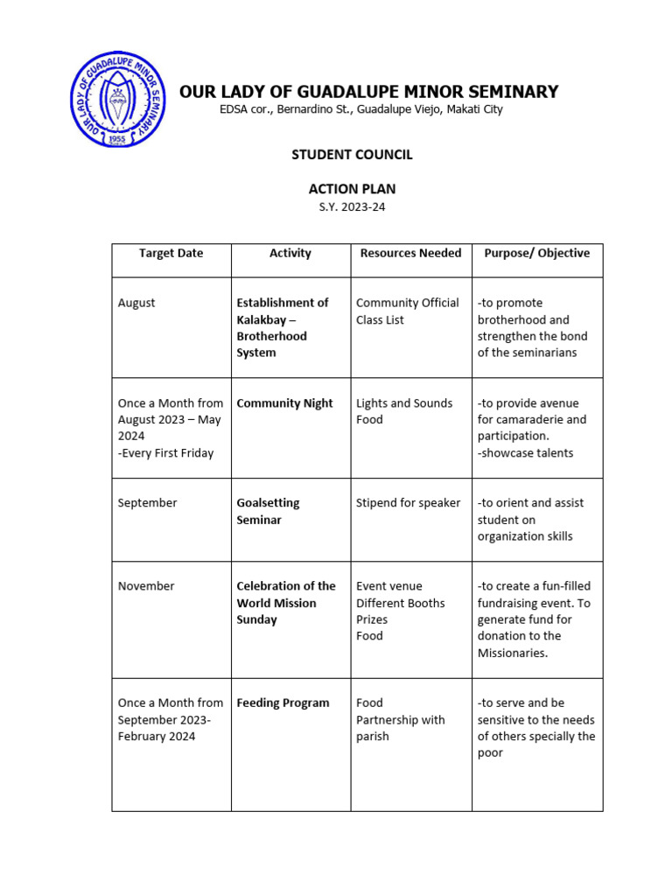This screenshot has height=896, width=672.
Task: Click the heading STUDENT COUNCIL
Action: (x=352, y=155)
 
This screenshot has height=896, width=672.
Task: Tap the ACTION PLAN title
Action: (x=352, y=188)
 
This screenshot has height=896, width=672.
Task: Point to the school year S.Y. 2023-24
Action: (x=352, y=206)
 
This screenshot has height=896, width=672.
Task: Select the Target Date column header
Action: (x=171, y=253)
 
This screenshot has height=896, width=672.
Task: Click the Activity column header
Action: (x=290, y=253)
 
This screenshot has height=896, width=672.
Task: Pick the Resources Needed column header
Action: (x=410, y=253)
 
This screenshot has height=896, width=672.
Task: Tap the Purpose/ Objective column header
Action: (x=537, y=253)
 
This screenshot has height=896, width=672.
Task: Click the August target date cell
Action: (x=136, y=303)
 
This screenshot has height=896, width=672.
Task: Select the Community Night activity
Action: (x=284, y=403)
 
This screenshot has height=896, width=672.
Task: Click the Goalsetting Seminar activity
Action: (x=269, y=511)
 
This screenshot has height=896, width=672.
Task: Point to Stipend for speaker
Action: (x=408, y=503)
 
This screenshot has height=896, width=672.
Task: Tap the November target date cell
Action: (x=146, y=586)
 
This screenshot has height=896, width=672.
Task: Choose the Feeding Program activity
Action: (x=283, y=703)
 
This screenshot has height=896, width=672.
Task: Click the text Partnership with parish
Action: (x=400, y=728)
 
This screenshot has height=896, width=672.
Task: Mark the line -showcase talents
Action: (x=525, y=453)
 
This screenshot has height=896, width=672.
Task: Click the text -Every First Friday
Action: (x=165, y=453)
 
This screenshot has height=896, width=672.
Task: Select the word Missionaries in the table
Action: (x=513, y=653)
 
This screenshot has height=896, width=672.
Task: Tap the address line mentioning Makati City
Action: (x=360, y=110)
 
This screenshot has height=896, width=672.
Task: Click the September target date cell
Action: (x=147, y=503)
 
